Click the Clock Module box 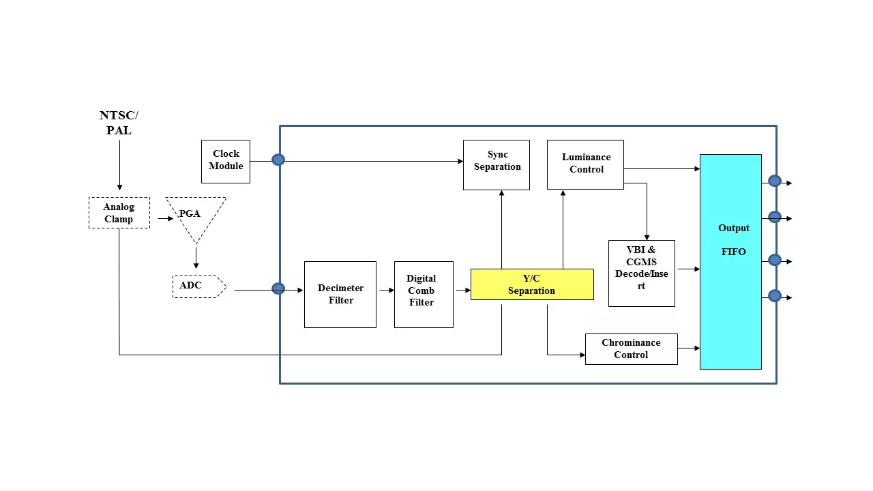click(226, 162)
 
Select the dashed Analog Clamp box click(119, 213)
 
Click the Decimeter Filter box click(340, 295)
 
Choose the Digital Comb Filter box click(424, 295)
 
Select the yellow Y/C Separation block click(532, 284)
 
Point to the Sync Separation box click(497, 165)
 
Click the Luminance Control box click(585, 164)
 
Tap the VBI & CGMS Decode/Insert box click(642, 273)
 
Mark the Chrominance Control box click(632, 349)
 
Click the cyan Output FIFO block click(730, 262)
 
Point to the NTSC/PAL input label click(119, 123)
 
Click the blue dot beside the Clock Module click(278, 160)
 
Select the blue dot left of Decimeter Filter click(278, 288)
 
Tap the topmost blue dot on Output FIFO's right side click(775, 181)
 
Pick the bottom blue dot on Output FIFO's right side click(775, 296)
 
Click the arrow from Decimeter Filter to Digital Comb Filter click(386, 291)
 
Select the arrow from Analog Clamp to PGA click(166, 219)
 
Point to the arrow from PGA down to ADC click(196, 258)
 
